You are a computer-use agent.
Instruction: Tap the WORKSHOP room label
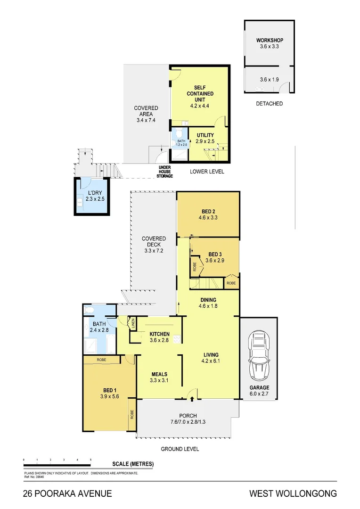[270, 40]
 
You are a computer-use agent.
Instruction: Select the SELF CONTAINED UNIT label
[198, 93]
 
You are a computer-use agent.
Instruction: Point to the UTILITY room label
[205, 135]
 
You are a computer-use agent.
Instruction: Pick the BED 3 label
[215, 254]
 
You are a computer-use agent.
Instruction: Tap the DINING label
[208, 300]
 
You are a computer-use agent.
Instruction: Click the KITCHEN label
[159, 334]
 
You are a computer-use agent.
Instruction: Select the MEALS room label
[159, 374]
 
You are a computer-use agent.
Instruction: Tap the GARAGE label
[260, 387]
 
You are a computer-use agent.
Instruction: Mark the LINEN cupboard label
[133, 323]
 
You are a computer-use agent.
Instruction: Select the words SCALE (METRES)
[133, 464]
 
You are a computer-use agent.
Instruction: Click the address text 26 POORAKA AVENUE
[67, 493]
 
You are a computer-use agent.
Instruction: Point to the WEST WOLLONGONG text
[293, 493]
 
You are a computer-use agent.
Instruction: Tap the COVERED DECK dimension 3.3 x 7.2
[154, 251]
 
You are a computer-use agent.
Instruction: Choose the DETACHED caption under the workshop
[270, 103]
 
